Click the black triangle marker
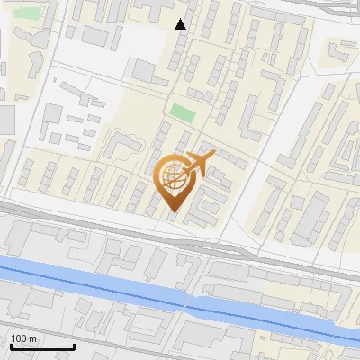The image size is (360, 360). point(181,24)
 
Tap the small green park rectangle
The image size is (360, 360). point(183,113)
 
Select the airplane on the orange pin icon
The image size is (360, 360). point(197,164)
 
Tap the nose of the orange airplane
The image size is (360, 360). point(213,155)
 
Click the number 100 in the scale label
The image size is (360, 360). point(20,338)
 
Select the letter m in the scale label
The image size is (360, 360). point(34,338)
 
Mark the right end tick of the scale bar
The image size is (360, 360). point(74,346)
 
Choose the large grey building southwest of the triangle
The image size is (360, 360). point(145,70)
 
